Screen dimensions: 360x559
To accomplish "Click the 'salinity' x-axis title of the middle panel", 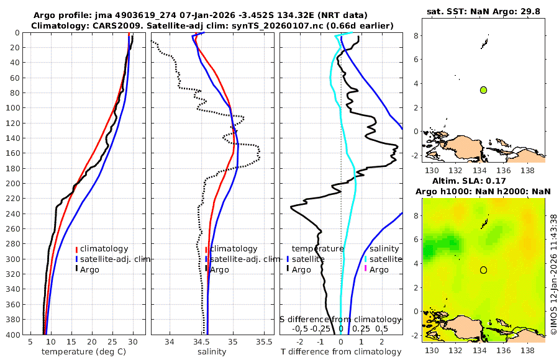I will point(212,352).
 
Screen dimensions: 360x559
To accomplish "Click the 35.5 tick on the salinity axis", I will point(264,342).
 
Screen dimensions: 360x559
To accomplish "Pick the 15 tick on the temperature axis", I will point(71,342).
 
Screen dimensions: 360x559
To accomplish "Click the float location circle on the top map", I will point(483,90).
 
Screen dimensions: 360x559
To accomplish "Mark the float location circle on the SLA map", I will point(483,270).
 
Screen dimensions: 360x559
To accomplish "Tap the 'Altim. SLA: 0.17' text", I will point(483,180).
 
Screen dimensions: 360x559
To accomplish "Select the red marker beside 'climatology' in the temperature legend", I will point(77,249).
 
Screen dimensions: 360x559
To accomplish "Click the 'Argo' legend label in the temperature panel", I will point(89,269).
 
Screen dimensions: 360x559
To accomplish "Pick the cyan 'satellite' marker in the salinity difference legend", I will point(366,259).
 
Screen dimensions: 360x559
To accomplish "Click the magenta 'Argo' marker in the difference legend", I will point(366,269).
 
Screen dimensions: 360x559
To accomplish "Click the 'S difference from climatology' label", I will point(340,319).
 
